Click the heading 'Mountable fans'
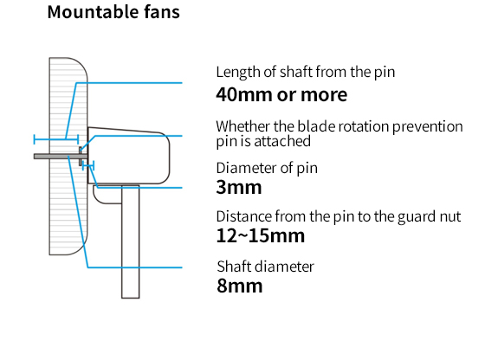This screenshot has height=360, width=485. coord(113,12)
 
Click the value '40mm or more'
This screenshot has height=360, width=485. coord(281,94)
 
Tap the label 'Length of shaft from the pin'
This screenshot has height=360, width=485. coord(306,73)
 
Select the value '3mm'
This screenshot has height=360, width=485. coord(239,187)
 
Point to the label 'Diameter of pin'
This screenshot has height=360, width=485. coord(267,169)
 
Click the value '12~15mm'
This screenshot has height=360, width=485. coord(261,235)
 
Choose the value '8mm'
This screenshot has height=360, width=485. coord(240,286)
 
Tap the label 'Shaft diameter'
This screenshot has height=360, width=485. coord(265,267)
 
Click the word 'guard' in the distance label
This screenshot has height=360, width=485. coord(415,217)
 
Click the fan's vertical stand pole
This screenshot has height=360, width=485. coord(131,242)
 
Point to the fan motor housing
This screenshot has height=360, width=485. coord(129,156)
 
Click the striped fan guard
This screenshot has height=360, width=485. coord(68,156)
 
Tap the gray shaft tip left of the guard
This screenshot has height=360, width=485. coord(42,157)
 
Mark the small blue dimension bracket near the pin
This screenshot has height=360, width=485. coord(88,166)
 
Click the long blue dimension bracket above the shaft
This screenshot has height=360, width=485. coord(56,139)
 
